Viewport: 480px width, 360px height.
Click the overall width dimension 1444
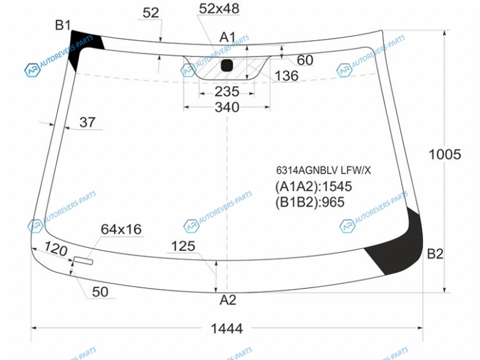(227, 328)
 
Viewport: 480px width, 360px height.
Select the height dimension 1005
(445, 154)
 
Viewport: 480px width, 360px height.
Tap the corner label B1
(63, 25)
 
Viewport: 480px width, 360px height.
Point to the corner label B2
(435, 254)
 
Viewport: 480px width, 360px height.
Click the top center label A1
(227, 37)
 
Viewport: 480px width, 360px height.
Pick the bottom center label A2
(228, 301)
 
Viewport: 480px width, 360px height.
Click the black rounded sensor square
(227, 65)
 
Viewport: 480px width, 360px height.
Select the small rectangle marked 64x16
(83, 261)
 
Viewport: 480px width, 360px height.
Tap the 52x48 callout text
(219, 8)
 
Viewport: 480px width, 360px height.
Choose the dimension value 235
(227, 92)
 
